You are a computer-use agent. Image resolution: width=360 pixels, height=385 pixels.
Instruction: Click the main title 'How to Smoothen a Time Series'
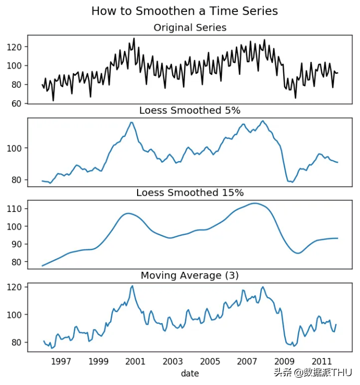[x=184, y=11]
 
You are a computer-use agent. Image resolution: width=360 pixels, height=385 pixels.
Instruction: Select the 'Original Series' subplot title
[x=190, y=27]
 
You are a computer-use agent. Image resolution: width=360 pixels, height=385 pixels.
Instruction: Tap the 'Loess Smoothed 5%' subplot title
[x=190, y=110]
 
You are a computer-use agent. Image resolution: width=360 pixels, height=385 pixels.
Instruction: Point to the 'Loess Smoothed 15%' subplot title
[x=190, y=193]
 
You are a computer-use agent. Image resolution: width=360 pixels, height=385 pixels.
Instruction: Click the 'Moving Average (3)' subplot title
[x=190, y=275]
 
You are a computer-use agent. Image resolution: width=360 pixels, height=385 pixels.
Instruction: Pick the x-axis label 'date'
[x=190, y=373]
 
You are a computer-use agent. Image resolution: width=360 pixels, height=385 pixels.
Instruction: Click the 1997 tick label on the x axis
[x=61, y=362]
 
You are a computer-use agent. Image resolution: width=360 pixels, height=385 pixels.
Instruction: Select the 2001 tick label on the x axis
[x=136, y=362]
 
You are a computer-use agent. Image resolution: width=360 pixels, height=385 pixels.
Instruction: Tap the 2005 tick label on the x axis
[x=210, y=362]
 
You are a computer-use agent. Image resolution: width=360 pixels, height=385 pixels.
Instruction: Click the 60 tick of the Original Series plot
[x=17, y=103]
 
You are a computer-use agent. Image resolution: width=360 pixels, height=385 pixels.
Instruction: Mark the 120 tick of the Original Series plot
[x=15, y=47]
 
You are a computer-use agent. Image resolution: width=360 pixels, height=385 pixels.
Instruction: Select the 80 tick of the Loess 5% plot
[x=17, y=180]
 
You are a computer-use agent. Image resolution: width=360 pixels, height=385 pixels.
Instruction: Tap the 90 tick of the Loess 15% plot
[x=17, y=244]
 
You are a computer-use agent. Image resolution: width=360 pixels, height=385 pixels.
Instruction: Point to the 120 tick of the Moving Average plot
[x=15, y=287]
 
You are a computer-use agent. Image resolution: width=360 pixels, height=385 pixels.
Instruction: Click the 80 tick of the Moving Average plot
[x=17, y=342]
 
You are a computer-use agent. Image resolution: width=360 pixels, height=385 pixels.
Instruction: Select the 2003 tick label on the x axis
[x=172, y=362]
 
